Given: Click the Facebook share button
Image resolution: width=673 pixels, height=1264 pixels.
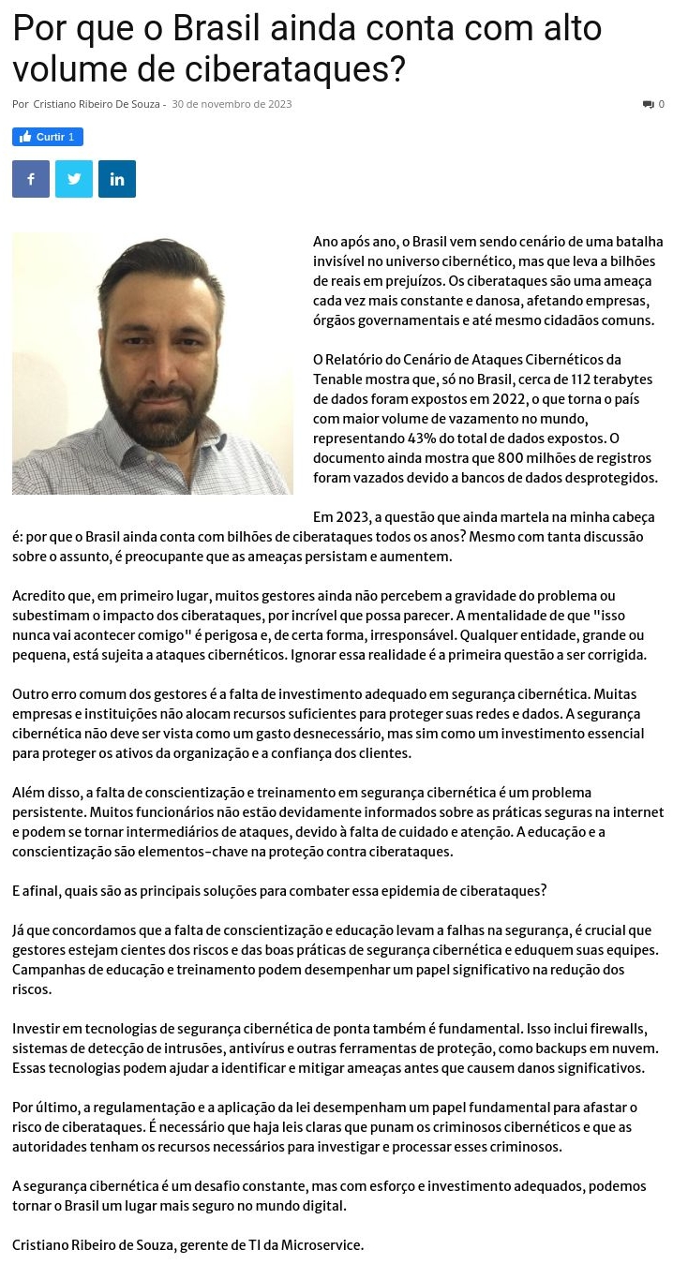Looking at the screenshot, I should point(31,179).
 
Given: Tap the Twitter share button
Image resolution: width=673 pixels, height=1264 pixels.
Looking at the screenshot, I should point(74,179).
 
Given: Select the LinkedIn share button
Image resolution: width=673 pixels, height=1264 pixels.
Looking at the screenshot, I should point(117,179).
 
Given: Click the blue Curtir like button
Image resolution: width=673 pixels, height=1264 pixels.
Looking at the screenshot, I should point(48,137).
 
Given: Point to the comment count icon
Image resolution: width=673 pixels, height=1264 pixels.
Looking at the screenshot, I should point(648,104).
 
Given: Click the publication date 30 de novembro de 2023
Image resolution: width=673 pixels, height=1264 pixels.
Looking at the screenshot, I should point(232,104).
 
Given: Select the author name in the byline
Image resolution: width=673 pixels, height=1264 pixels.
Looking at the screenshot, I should point(97,104).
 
